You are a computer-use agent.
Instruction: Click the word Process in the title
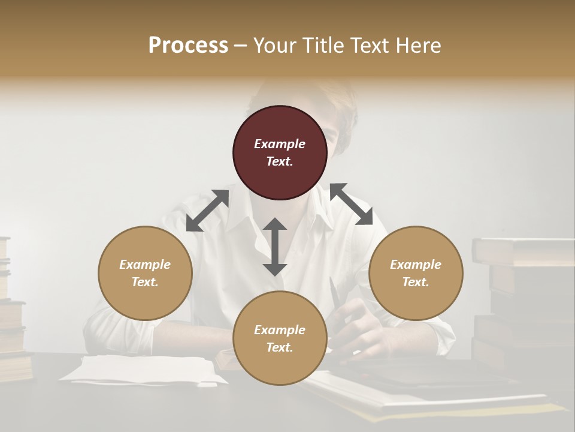click(x=188, y=46)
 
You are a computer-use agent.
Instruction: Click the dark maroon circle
click(x=280, y=152)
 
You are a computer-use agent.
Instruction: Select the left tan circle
click(x=145, y=273)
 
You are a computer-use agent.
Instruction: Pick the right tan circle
click(x=416, y=273)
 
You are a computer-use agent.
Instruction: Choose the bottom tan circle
click(x=280, y=338)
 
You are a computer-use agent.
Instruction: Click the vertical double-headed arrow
click(x=275, y=247)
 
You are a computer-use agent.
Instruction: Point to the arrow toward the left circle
click(x=207, y=211)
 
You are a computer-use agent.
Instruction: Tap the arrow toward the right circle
click(x=352, y=205)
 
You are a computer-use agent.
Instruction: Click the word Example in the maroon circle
click(x=280, y=144)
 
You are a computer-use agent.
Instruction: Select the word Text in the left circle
click(x=144, y=282)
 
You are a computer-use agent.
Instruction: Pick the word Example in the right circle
click(x=416, y=265)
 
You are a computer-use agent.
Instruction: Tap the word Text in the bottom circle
click(x=279, y=347)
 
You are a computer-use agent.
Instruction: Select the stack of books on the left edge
click(x=11, y=312)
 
